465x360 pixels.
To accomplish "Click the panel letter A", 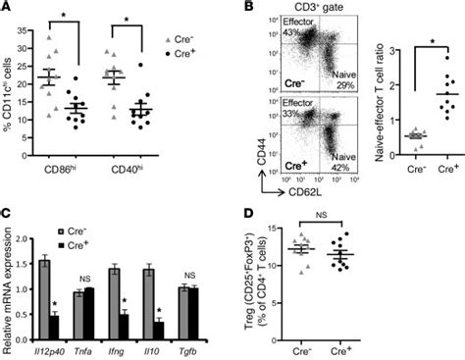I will tap(7, 8).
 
